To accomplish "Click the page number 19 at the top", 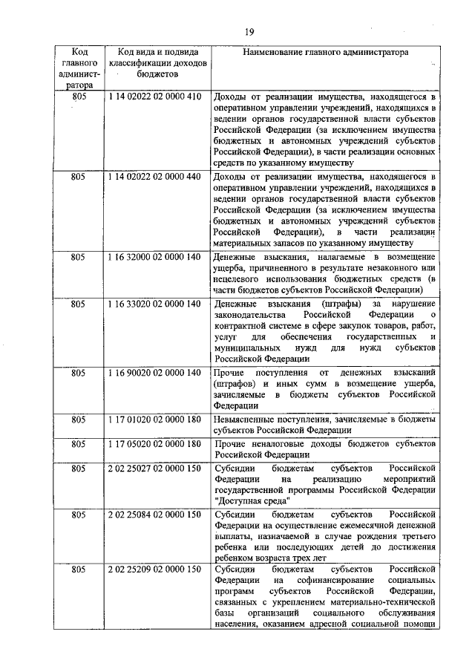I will point(249,31).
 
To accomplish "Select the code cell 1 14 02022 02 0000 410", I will point(154,97).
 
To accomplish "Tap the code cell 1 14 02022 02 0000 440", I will point(154,177).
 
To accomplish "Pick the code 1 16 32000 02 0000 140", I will point(154,257).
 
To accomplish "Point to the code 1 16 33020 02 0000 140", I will point(154,304).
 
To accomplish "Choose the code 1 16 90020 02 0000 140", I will point(154,371).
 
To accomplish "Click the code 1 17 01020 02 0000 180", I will point(154,420).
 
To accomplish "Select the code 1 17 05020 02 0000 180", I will point(154,444).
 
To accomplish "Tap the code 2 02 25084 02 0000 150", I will point(154,514).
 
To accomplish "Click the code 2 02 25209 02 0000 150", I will point(154,569).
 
